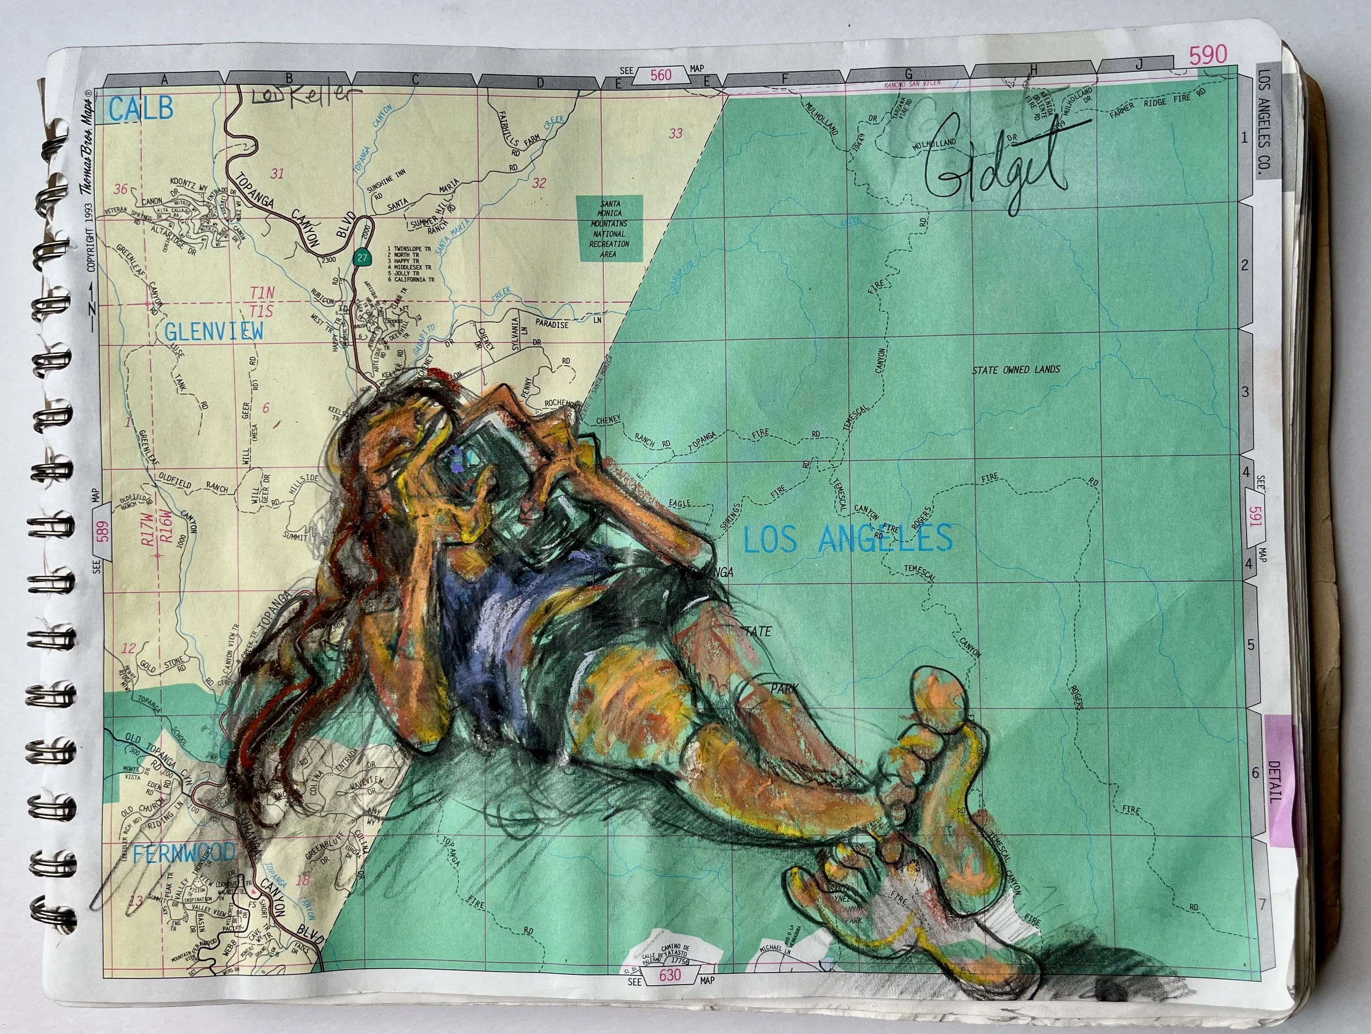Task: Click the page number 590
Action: tap(1208, 55)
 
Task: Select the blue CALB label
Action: tap(141, 109)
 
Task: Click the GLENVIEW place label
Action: tap(214, 332)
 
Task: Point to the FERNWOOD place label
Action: tap(184, 854)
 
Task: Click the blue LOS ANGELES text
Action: tap(847, 538)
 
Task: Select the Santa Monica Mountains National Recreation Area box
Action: tap(609, 228)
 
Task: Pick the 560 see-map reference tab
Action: tap(661, 75)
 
